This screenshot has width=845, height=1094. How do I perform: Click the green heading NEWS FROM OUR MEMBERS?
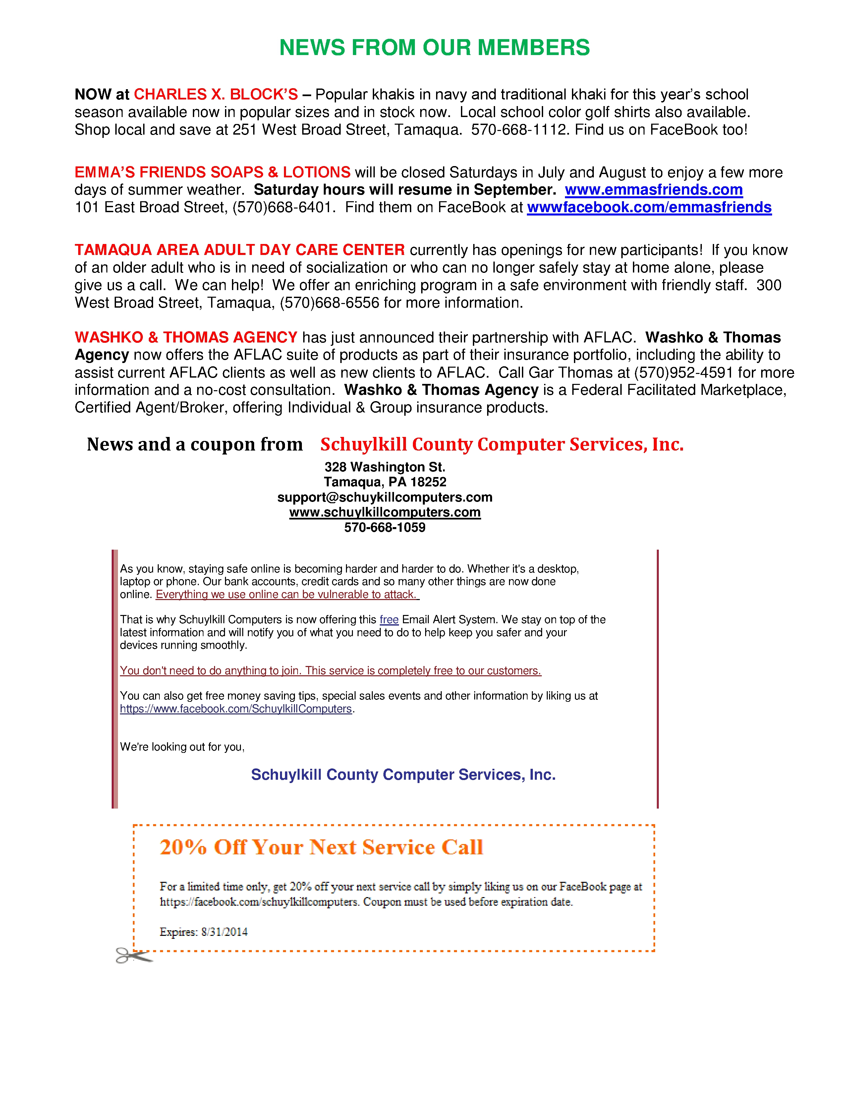click(x=434, y=48)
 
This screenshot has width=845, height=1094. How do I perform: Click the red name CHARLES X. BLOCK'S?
click(x=216, y=94)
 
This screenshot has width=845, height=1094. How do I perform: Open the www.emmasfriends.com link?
click(x=653, y=190)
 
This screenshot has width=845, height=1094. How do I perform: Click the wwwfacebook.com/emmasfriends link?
click(x=649, y=208)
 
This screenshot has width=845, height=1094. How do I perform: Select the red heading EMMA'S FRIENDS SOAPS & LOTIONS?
click(x=212, y=172)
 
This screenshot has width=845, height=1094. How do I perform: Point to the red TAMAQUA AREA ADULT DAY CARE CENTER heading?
click(x=239, y=250)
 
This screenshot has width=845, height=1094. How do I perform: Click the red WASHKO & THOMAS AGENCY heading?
click(x=186, y=337)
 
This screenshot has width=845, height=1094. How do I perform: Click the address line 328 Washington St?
click(x=384, y=467)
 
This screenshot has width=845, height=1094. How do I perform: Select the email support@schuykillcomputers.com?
click(x=384, y=497)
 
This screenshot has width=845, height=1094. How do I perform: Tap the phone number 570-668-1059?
click(x=384, y=527)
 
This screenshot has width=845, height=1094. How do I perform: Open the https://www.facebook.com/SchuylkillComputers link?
click(x=236, y=709)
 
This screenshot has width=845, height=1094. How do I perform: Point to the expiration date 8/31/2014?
click(x=224, y=932)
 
